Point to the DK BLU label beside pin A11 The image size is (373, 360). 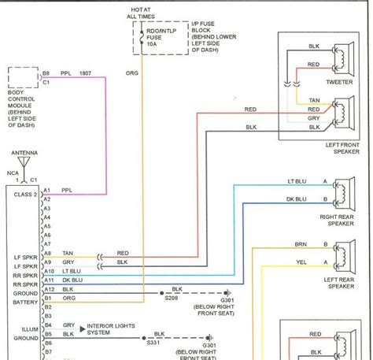71,280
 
